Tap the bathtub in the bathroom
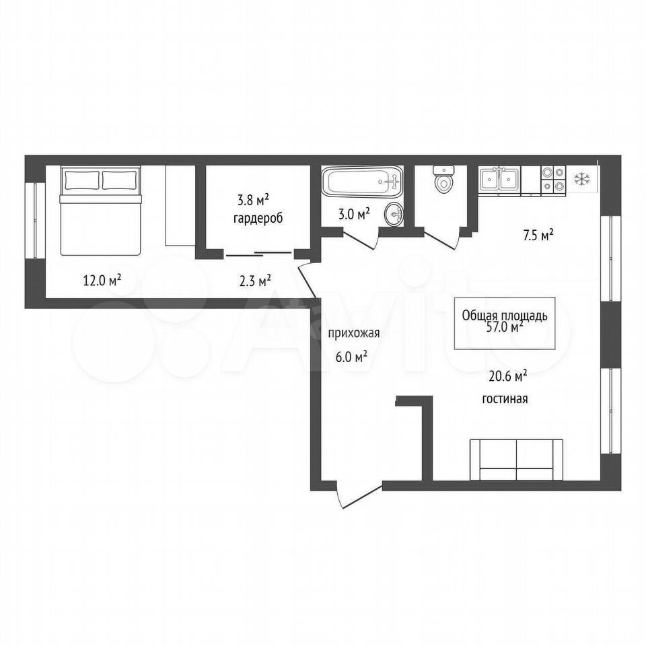362,182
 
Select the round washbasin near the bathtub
394,214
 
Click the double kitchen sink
499,180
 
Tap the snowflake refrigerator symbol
581,179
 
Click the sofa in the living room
516,460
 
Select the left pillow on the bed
82,180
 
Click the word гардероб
258,218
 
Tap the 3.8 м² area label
253,201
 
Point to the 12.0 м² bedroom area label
102,281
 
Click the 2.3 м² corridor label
255,281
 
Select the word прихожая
353,334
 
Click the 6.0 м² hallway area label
351,357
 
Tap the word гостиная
505,399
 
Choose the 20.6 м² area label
508,376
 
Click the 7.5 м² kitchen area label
538,236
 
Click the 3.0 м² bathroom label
354,214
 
